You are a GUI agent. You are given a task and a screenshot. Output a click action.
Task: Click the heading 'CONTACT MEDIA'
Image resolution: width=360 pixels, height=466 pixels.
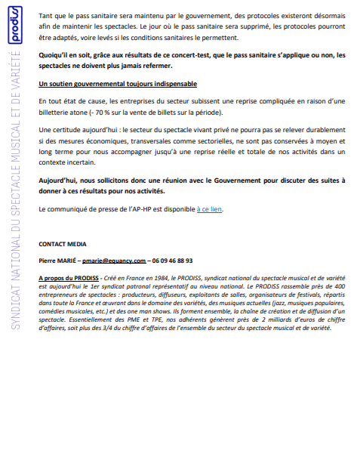[x=62, y=243]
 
